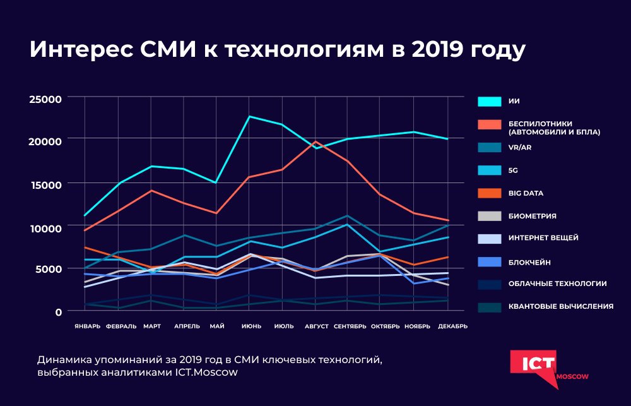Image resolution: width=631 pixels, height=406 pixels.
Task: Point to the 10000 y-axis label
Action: click(x=48, y=227)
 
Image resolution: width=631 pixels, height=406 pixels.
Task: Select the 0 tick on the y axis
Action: click(x=58, y=311)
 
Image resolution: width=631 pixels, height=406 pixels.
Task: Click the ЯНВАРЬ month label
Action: click(x=86, y=326)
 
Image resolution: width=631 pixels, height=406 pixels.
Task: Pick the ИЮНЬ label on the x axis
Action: click(x=252, y=326)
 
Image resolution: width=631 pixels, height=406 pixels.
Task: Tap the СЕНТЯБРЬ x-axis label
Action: click(x=350, y=326)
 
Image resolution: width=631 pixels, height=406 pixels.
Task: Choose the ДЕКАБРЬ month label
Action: click(x=452, y=326)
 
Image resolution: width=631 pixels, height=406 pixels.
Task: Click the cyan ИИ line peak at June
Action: click(x=249, y=116)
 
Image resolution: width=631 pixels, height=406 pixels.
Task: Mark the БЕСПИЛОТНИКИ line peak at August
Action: click(x=315, y=141)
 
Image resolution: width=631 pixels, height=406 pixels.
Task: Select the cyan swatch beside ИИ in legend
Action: click(x=490, y=101)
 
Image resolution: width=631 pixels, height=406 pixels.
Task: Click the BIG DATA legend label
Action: click(x=526, y=193)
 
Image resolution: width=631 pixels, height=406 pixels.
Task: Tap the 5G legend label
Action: click(x=512, y=170)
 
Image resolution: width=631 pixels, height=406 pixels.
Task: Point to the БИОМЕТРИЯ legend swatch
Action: click(x=490, y=216)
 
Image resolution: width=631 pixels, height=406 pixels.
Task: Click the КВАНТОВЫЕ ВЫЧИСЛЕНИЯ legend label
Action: click(x=561, y=307)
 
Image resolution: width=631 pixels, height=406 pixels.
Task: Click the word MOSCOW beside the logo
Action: click(x=572, y=376)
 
